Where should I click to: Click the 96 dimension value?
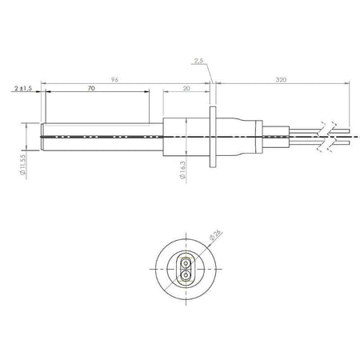click(x=114, y=79)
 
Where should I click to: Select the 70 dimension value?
click(x=91, y=88)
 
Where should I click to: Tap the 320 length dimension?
click(x=281, y=79)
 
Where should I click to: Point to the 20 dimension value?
click(x=186, y=88)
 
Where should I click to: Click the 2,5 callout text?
click(x=198, y=61)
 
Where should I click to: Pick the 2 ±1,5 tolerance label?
click(x=23, y=88)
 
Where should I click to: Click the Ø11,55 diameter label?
click(x=23, y=165)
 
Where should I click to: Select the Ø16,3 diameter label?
click(x=182, y=170)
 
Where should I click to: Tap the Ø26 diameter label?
click(x=216, y=234)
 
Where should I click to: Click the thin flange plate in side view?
click(x=213, y=137)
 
